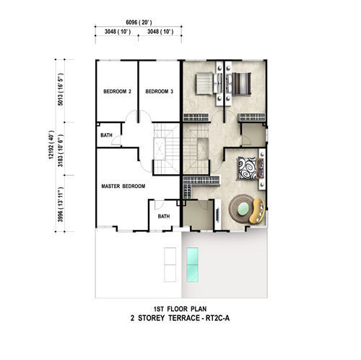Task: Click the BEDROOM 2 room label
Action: [x=117, y=92]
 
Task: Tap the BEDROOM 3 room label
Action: [x=160, y=92]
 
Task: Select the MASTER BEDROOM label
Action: [x=123, y=187]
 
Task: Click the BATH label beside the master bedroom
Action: [x=164, y=216]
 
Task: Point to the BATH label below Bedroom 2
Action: [x=106, y=135]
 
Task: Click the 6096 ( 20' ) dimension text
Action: [x=139, y=22]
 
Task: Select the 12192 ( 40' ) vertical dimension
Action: [x=51, y=145]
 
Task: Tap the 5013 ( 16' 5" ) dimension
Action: [x=60, y=90]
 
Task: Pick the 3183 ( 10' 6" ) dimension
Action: [x=60, y=150]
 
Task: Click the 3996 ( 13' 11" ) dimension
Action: [x=60, y=205]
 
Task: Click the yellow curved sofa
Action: [x=257, y=211]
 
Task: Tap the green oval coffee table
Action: [x=243, y=208]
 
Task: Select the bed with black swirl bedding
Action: [x=251, y=168]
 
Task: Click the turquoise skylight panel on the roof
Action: [x=193, y=265]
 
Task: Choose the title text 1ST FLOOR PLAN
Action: [x=180, y=309]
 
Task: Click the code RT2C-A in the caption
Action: [x=217, y=318]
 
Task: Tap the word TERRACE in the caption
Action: [x=184, y=318]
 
